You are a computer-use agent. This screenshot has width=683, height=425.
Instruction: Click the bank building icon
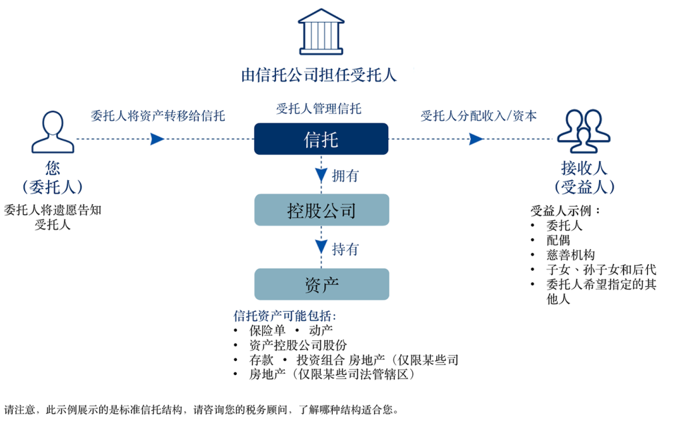tap(321, 31)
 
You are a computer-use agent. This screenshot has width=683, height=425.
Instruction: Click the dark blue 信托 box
tap(321, 139)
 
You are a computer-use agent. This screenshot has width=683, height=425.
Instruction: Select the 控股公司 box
tap(321, 210)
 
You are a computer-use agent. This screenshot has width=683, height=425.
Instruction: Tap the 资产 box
tap(321, 284)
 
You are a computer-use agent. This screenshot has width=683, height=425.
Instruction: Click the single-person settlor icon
tap(53, 132)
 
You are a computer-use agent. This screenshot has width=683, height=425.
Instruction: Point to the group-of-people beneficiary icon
tap(584, 131)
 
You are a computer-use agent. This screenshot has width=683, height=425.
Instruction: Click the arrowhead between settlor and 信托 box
tap(157, 139)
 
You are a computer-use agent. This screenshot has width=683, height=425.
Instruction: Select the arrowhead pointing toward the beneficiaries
tap(476, 139)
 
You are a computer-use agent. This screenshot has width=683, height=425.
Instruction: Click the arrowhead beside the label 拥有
tap(321, 175)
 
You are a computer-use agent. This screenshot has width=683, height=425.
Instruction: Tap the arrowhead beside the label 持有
tap(321, 247)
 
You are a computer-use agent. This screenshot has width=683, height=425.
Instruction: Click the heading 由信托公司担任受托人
tap(319, 75)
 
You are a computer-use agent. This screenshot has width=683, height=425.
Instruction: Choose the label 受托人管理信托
tap(319, 109)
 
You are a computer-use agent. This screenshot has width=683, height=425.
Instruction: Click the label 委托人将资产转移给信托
tap(157, 115)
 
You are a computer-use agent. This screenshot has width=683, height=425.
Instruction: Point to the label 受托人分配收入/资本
tap(479, 115)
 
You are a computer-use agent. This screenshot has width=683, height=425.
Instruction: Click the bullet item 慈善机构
tap(571, 255)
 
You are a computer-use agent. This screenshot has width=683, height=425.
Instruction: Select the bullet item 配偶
tap(558, 240)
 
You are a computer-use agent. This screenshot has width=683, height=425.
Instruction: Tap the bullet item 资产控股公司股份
tap(298, 345)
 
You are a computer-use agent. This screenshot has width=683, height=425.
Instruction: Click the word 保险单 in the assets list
tap(267, 330)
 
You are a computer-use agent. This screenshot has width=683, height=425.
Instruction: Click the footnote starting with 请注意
tap(201, 410)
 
